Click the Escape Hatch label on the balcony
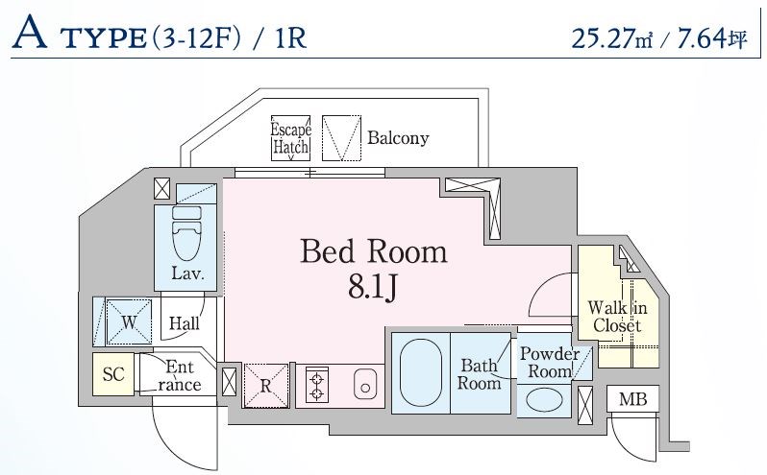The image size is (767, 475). pos(289,138)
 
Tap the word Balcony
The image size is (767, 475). pos(398,138)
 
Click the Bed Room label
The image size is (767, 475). pos(374,251)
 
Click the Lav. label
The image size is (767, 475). pos(187,273)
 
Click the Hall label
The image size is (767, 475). pos(184,324)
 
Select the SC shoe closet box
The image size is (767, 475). pos(113,374)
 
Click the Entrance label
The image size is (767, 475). pos(180,376)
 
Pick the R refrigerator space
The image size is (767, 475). pos(266,385)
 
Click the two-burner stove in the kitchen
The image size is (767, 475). pos(315,385)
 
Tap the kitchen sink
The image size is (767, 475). pos(364,385)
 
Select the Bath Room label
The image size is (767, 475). pos(479,373)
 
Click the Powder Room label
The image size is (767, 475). pos(549,362)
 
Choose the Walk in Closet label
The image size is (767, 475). pos(617,316)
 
